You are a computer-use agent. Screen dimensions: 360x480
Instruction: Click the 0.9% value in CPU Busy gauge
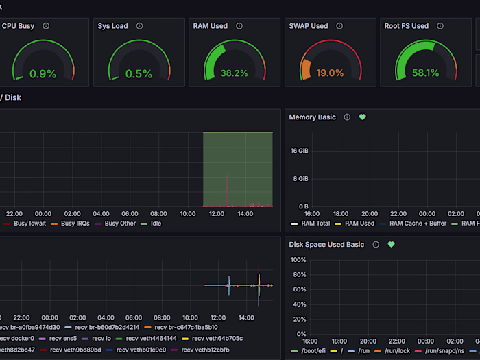pyautogui.click(x=43, y=74)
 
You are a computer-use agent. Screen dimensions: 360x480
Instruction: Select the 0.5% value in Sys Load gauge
pyautogui.click(x=139, y=74)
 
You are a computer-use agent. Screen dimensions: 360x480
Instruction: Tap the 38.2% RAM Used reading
pyautogui.click(x=235, y=74)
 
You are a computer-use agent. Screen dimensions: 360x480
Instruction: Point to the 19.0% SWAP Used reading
pyautogui.click(x=331, y=74)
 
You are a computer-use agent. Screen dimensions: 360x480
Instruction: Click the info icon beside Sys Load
pyautogui.click(x=140, y=26)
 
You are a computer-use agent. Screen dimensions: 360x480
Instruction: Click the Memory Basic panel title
pyautogui.click(x=312, y=117)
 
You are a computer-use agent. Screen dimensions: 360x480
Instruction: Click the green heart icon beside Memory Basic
pyautogui.click(x=363, y=117)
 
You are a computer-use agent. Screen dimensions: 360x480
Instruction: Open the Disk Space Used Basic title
pyautogui.click(x=326, y=245)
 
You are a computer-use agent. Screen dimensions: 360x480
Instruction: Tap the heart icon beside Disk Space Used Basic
pyautogui.click(x=392, y=245)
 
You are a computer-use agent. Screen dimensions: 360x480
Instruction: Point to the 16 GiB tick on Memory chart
pyautogui.click(x=299, y=151)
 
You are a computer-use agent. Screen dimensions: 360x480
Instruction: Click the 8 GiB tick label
pyautogui.click(x=300, y=179)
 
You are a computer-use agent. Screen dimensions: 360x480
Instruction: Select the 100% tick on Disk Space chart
pyautogui.click(x=298, y=260)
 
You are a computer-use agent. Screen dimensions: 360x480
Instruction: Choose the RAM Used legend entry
pyautogui.click(x=359, y=224)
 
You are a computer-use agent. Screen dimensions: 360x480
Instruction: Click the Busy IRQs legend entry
pyautogui.click(x=77, y=224)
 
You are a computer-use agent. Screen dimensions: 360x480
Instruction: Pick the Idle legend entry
pyautogui.click(x=156, y=224)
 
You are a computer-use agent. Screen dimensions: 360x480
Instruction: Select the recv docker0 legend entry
pyautogui.click(x=18, y=339)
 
